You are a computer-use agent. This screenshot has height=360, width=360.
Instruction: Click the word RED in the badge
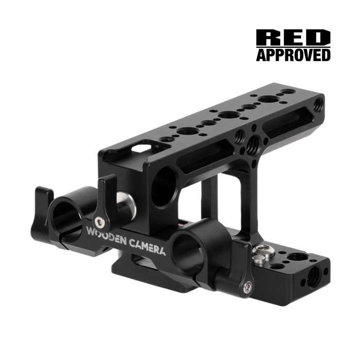[293, 37]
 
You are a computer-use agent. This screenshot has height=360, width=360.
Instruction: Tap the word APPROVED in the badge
[293, 55]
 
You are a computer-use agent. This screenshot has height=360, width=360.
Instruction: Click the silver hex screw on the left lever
[99, 221]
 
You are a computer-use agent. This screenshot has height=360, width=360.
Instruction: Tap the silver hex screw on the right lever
[248, 286]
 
